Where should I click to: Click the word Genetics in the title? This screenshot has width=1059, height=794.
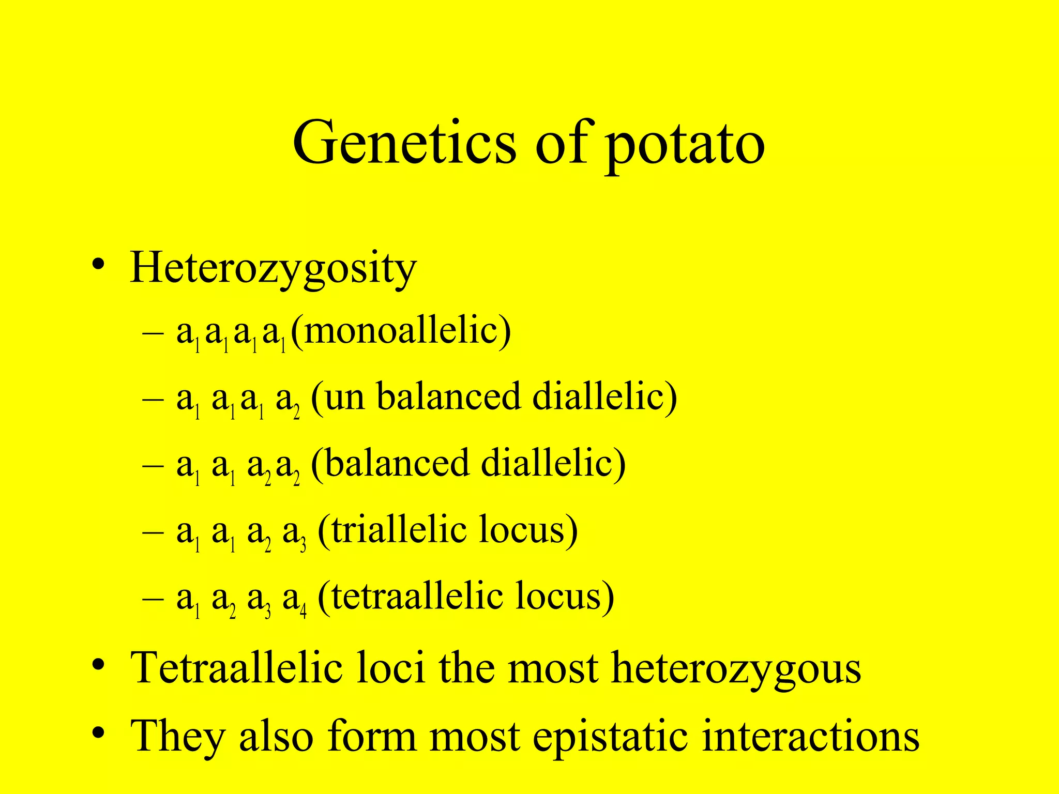pos(404,142)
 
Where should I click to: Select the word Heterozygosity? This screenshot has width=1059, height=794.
pos(273,269)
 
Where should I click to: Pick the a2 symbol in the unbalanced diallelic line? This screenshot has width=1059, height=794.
pos(288,401)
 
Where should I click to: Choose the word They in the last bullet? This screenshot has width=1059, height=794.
pos(178,736)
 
